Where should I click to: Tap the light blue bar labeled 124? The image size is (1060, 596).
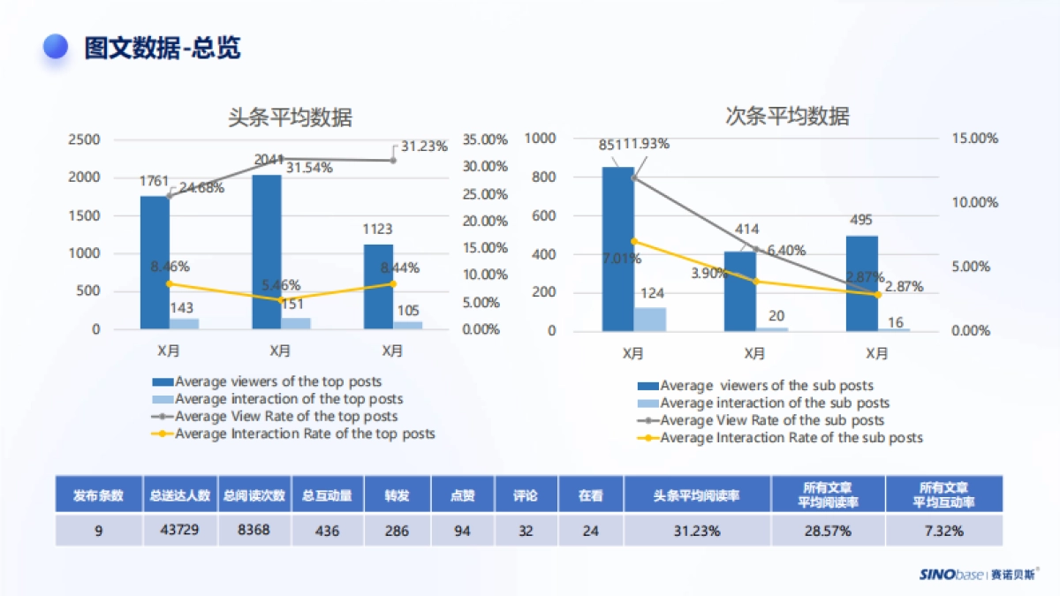click(650, 319)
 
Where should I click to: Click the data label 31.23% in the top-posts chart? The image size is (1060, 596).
click(424, 147)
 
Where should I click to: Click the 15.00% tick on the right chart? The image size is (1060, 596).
click(975, 139)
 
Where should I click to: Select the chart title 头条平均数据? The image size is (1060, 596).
click(290, 117)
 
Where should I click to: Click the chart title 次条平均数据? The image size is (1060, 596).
click(787, 116)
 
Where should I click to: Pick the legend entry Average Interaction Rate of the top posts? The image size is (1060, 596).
click(305, 434)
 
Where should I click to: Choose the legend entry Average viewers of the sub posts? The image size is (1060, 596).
click(767, 385)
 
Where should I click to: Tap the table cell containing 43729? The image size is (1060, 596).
click(179, 530)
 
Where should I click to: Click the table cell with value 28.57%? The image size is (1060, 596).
click(828, 531)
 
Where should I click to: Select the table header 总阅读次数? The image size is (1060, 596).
click(254, 495)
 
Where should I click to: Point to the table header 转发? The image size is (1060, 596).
click(397, 495)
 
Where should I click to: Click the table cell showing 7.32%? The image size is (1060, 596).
click(944, 531)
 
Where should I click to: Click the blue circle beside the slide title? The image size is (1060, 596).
click(57, 47)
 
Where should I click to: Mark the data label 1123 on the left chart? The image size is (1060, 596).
click(377, 230)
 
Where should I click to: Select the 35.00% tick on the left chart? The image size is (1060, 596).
click(485, 140)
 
